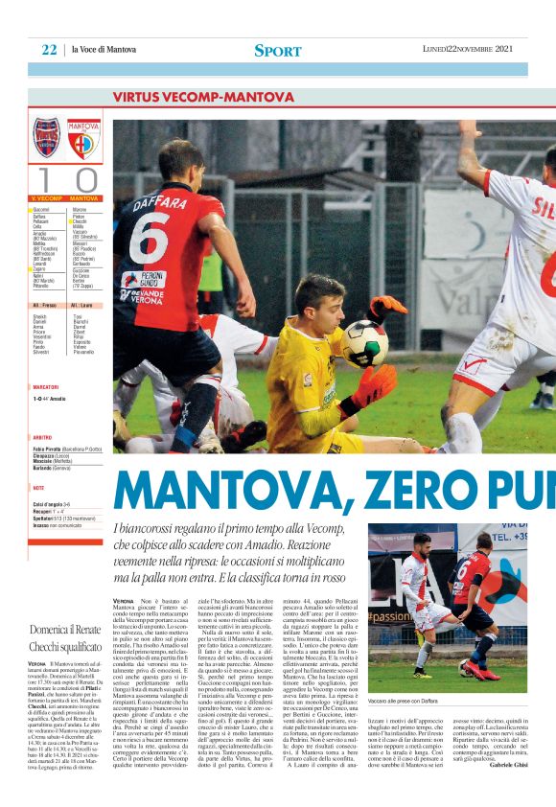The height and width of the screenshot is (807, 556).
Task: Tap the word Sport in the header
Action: (277, 50)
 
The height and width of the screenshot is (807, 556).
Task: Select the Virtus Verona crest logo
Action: (47, 139)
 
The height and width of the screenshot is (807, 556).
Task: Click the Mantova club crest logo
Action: (83, 139)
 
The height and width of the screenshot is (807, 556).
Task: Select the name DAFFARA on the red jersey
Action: (158, 201)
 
